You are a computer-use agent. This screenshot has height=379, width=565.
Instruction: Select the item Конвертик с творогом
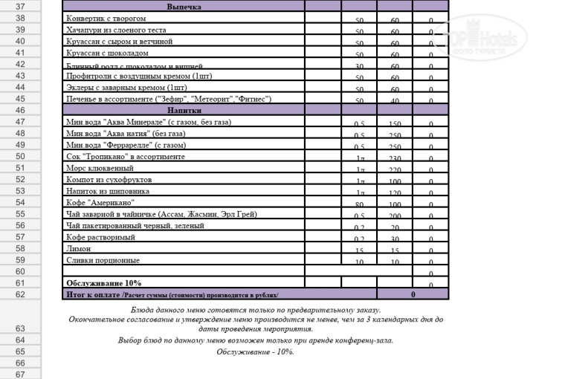(x=106, y=18)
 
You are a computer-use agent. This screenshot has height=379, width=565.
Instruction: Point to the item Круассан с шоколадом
(x=107, y=54)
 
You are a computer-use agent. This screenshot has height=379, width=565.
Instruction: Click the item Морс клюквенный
(x=97, y=168)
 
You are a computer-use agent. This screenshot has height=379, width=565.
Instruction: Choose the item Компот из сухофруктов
(x=109, y=180)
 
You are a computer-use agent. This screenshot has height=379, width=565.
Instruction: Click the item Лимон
(x=78, y=249)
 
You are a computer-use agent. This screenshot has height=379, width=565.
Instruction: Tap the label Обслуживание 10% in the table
(x=103, y=283)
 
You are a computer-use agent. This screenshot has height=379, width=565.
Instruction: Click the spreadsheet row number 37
(x=20, y=6)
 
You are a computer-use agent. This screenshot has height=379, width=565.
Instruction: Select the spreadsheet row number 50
(x=20, y=156)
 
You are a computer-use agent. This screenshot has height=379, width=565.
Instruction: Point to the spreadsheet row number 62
(x=20, y=294)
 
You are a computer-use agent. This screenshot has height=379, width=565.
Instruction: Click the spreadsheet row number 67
(x=20, y=375)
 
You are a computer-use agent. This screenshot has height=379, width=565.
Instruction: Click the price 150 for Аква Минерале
(x=395, y=124)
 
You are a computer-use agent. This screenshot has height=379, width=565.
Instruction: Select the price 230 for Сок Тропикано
(x=395, y=158)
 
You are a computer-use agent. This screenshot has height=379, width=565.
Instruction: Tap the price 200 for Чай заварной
(x=395, y=216)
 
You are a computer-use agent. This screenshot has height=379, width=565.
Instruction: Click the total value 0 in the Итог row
(x=413, y=295)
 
